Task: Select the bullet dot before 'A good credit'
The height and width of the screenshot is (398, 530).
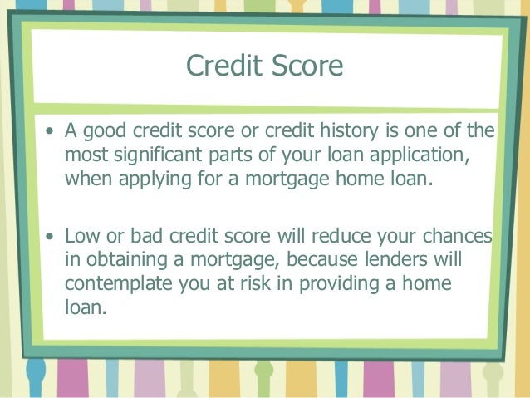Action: click(52, 132)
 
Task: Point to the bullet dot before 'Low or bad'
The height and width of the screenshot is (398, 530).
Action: click(52, 238)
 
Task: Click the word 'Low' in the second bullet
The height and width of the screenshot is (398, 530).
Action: click(81, 238)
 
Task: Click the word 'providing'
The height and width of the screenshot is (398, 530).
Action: click(335, 285)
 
